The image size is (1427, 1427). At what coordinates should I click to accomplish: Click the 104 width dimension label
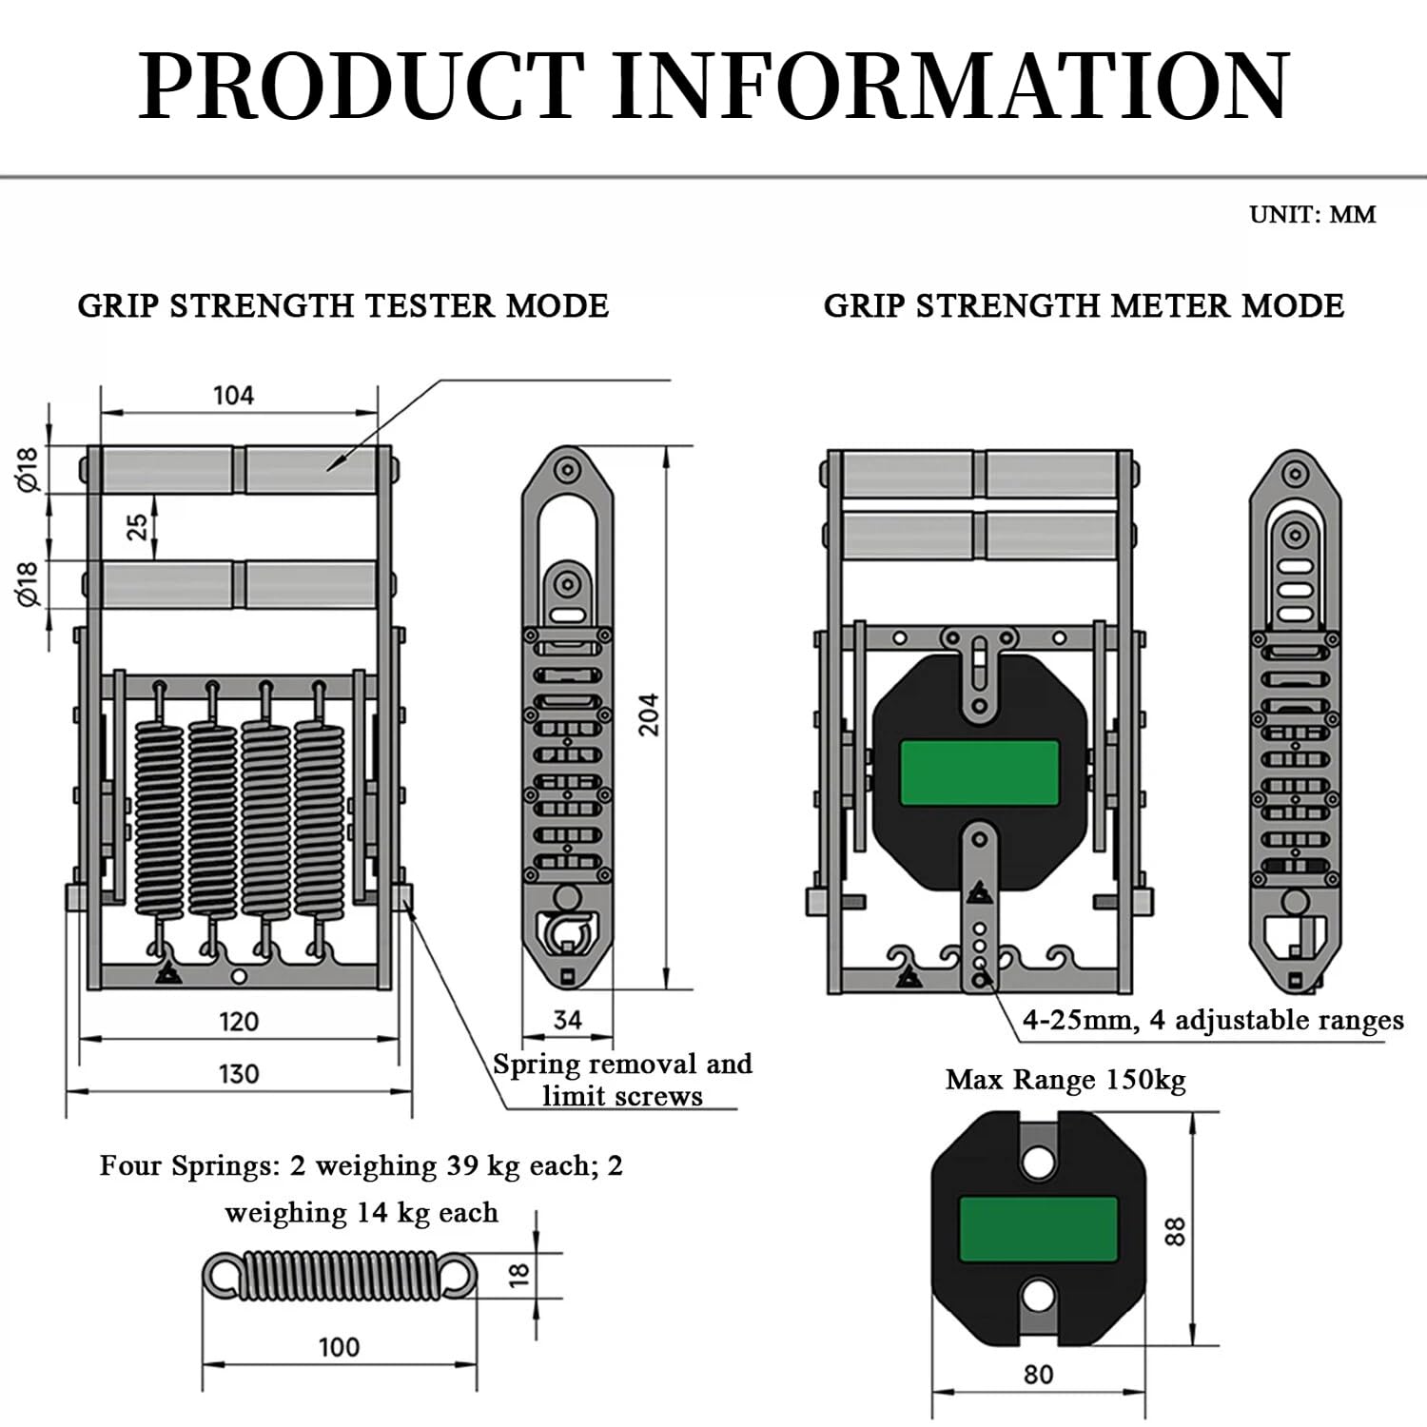point(233,395)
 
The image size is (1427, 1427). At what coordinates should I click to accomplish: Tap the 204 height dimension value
point(649,713)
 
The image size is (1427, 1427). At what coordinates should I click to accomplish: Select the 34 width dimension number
point(568,1020)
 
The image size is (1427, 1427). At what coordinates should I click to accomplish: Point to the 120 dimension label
point(239,1022)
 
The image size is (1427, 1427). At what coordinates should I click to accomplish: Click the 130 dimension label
point(239,1074)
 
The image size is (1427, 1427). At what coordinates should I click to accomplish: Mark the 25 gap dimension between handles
point(139,526)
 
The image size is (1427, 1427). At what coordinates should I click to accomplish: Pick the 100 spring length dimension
point(339,1347)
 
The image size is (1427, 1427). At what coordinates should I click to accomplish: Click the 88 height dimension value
point(1176,1232)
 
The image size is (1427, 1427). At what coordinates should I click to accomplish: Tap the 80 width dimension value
point(1039,1375)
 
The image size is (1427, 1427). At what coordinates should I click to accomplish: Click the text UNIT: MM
point(1313,214)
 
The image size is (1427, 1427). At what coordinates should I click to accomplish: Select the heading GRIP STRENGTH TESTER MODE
point(343,306)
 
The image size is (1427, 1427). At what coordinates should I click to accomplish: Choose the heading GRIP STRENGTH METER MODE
point(1084,306)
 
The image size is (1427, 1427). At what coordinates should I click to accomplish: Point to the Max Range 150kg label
point(1065,1081)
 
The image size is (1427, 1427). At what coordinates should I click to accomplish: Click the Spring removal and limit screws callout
point(622,1080)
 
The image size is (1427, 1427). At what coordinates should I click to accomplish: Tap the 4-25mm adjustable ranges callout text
point(1213,1021)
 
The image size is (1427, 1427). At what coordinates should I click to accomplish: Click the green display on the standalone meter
point(1038,1229)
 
